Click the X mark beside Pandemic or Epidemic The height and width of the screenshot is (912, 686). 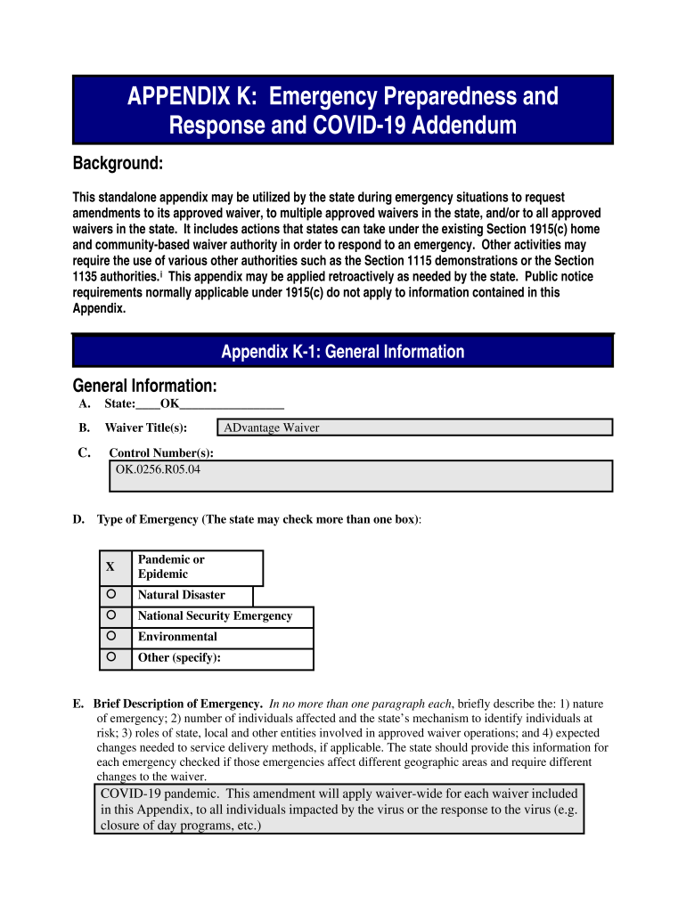tap(110, 567)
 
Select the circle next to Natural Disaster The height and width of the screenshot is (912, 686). tap(110, 594)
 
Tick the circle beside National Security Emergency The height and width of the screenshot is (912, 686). tap(110, 615)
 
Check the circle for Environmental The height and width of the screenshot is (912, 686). tap(110, 637)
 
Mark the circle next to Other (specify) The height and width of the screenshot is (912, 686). tap(110, 658)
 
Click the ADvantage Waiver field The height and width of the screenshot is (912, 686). tap(416, 427)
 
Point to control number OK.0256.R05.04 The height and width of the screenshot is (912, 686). tap(159, 468)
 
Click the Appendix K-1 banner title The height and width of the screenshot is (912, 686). tap(343, 352)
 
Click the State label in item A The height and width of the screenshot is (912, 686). tap(119, 404)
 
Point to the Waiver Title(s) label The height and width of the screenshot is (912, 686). tap(146, 427)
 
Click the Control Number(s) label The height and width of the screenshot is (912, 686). tap(161, 452)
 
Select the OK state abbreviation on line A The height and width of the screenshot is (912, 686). tap(169, 404)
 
